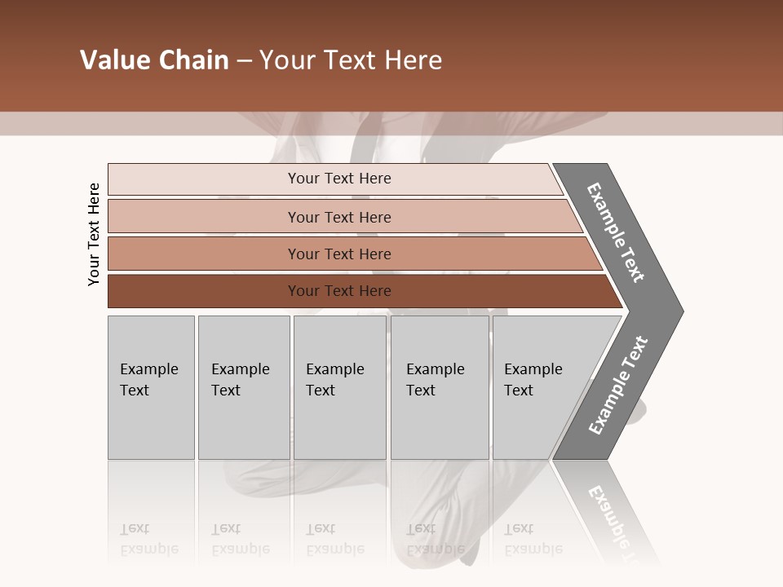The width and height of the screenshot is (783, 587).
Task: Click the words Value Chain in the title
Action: pyautogui.click(x=154, y=60)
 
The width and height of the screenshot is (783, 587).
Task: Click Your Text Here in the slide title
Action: pyautogui.click(x=351, y=60)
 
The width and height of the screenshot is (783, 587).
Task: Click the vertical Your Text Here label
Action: pyautogui.click(x=94, y=234)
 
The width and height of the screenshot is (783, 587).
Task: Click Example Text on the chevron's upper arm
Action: pyautogui.click(x=616, y=232)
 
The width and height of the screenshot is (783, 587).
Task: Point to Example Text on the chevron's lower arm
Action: pyautogui.click(x=618, y=386)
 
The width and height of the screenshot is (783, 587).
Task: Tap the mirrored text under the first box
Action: pyautogui.click(x=149, y=539)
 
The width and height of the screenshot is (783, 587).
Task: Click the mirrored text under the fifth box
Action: pyautogui.click(x=533, y=539)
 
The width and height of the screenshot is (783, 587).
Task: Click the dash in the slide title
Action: pyautogui.click(x=244, y=61)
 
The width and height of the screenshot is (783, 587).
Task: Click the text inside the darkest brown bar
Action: pyautogui.click(x=339, y=291)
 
